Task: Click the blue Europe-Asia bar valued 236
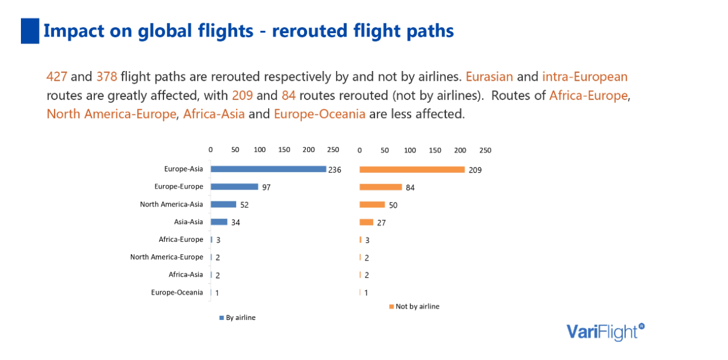point(268,169)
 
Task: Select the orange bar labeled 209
point(412,169)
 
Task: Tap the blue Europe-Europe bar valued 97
point(234,187)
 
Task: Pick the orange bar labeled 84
point(381,187)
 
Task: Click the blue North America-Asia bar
point(223,204)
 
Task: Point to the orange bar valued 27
point(366,222)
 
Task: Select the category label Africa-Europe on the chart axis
point(181,240)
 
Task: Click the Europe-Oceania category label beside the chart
point(177,293)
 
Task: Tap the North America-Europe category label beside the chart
point(166,257)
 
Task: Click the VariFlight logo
point(605,332)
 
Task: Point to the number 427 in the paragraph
point(57,77)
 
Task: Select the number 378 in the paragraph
point(106,77)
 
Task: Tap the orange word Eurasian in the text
point(489,77)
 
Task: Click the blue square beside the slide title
point(30,31)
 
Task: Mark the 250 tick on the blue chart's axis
point(333,150)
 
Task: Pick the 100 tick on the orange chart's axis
point(409,150)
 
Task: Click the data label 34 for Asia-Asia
point(236,222)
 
